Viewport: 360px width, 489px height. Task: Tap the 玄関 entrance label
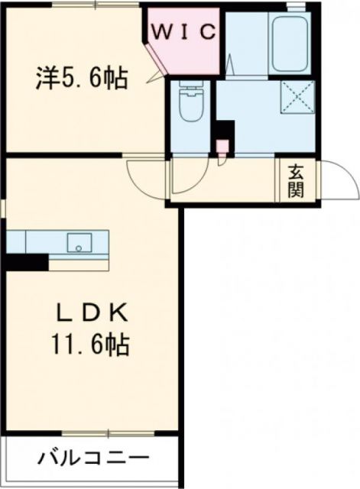[x=295, y=181]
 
